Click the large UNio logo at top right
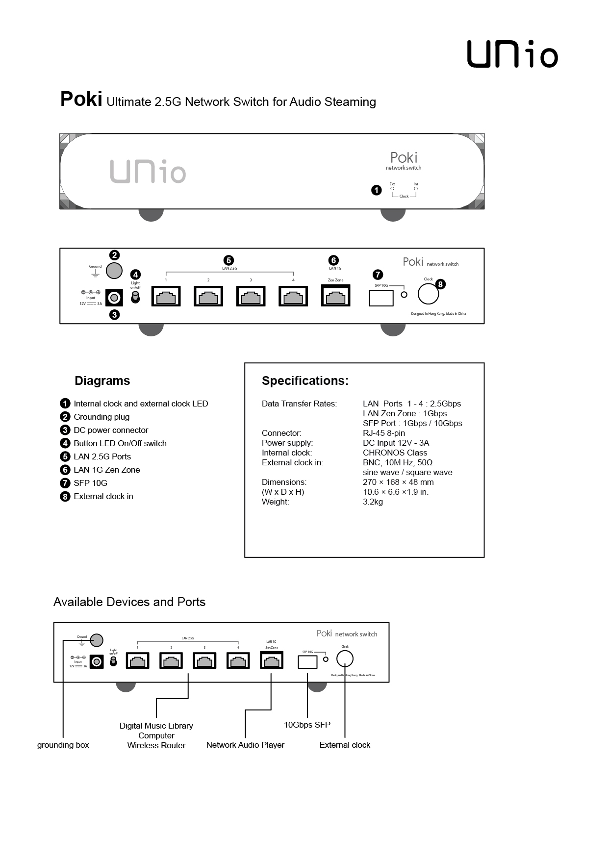512,54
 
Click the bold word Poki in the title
81,100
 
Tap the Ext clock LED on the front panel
392,189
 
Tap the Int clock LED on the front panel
416,189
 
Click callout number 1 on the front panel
376,190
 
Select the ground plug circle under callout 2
114,270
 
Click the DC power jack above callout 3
114,298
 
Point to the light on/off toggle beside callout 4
135,297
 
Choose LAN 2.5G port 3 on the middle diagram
251,297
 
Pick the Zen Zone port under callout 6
335,296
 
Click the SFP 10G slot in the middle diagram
381,298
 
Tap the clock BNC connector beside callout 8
428,294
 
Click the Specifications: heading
305,381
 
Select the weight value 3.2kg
373,502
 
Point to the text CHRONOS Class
395,453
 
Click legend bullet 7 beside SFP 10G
65,483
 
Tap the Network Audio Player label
245,745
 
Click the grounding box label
63,745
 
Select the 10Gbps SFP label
307,725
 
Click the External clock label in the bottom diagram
345,745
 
